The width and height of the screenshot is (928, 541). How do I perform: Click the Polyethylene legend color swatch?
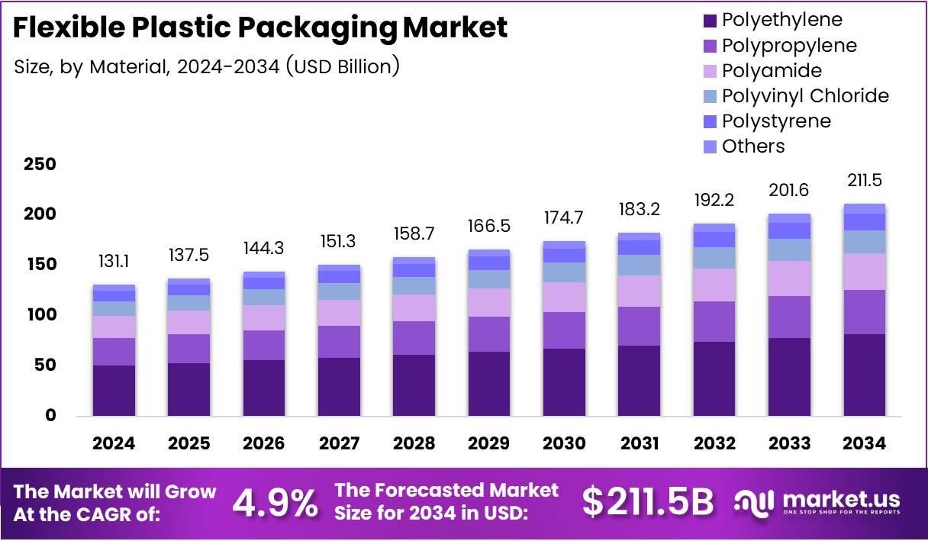click(x=709, y=20)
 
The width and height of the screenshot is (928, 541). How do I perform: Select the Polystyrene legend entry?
click(x=776, y=121)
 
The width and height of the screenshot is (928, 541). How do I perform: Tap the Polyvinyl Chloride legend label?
click(x=805, y=95)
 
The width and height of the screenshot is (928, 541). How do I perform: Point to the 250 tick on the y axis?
click(x=40, y=164)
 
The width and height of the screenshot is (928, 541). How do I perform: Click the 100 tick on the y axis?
click(x=40, y=314)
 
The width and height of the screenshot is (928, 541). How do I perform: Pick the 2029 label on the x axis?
click(x=489, y=443)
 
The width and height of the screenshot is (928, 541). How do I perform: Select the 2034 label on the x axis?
click(x=865, y=443)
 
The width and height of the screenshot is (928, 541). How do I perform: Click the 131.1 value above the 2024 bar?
click(x=114, y=261)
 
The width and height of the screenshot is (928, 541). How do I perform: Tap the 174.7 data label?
click(x=564, y=217)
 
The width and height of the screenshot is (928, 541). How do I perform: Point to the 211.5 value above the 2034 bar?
click(x=865, y=181)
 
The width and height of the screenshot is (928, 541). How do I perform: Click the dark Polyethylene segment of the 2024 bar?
click(x=114, y=390)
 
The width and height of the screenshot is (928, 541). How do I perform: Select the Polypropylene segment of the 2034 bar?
click(x=865, y=311)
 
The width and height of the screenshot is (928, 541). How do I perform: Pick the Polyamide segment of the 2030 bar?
click(x=564, y=297)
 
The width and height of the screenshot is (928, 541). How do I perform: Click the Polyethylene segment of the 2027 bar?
click(x=339, y=386)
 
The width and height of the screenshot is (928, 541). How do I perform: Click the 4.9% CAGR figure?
click(x=275, y=502)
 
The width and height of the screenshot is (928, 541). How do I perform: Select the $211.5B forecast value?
click(x=648, y=502)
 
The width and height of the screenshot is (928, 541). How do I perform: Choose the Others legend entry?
click(x=752, y=146)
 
